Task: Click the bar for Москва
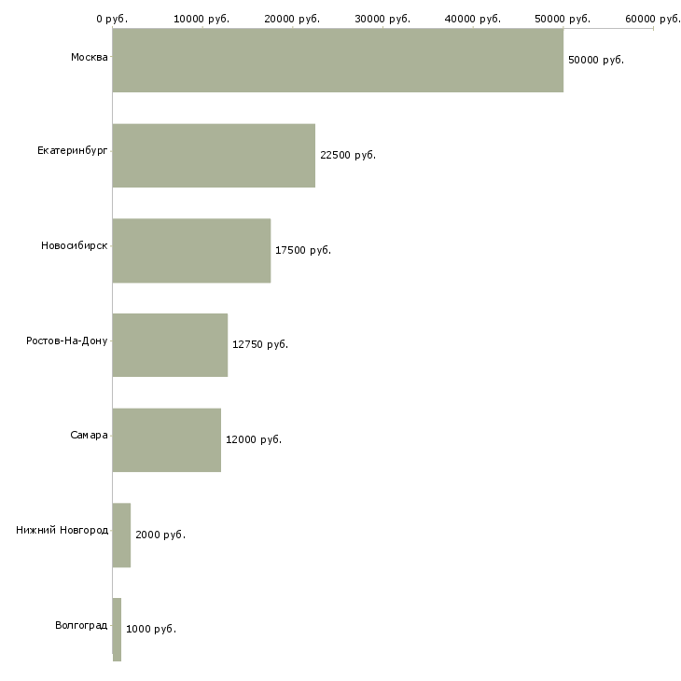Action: pos(338,60)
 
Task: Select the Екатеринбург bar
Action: pos(214,155)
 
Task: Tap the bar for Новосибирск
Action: pos(191,250)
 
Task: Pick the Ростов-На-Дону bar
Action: pos(170,345)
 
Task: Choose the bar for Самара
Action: pos(166,439)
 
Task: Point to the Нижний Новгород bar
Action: pos(121,535)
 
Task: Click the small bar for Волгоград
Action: pos(117,629)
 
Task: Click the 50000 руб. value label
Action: pos(595,60)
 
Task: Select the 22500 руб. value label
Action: pos(347,155)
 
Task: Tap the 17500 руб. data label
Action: pos(302,250)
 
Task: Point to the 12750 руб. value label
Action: pos(259,345)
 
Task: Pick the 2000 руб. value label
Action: pos(160,535)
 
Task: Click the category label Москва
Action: pos(89,58)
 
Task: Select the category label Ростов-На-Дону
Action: pos(67,340)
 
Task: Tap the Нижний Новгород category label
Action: pos(62,530)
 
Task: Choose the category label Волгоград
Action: pos(81,624)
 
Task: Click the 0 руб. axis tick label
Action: pos(112,18)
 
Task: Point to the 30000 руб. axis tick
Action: pos(382,18)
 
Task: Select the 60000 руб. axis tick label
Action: pos(653,18)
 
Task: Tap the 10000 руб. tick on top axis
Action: pos(202,18)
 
